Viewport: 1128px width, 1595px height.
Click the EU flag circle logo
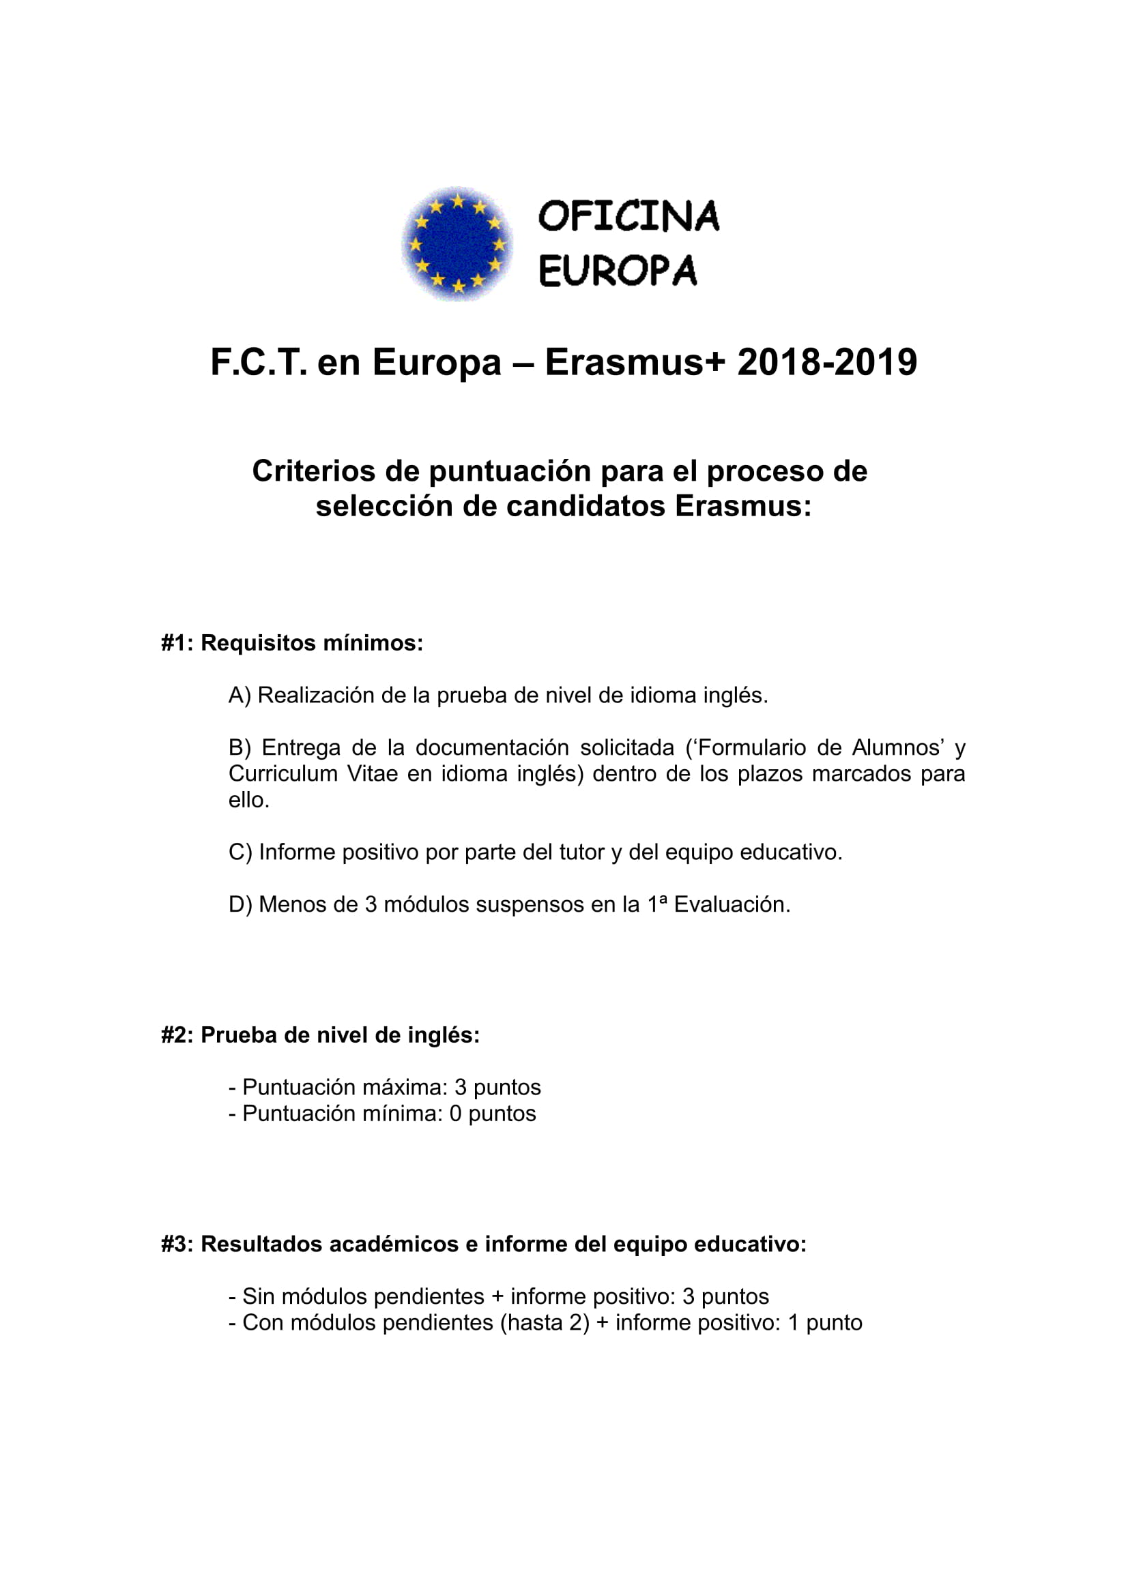pos(457,243)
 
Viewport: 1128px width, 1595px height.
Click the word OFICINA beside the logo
pos(628,216)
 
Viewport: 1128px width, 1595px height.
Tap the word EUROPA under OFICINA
pos(617,271)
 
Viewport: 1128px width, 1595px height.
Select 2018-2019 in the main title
pos(827,363)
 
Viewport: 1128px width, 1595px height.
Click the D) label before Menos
pos(240,904)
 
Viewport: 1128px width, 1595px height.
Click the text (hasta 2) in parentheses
pos(544,1323)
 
